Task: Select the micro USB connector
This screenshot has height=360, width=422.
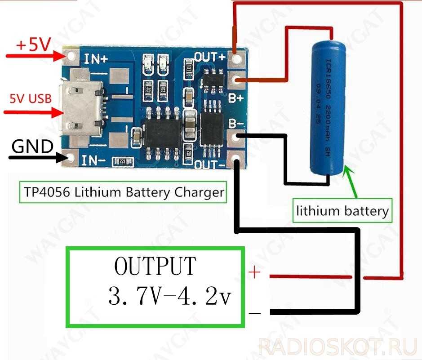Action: coord(81,108)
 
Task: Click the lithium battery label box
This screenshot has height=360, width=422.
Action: coord(342,210)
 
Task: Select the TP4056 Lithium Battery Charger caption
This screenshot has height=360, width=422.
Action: coord(122,192)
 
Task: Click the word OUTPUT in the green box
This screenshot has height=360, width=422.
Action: coord(155,266)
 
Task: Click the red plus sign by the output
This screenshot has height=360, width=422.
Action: coord(254,273)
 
